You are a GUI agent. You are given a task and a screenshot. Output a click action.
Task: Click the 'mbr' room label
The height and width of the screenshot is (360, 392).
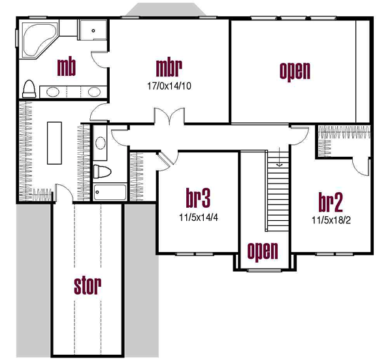pyautogui.click(x=168, y=67)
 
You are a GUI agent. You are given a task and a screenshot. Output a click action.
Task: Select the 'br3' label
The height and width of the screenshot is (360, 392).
pyautogui.click(x=197, y=197)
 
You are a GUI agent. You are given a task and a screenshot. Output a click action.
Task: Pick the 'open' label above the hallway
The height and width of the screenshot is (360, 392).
pyautogui.click(x=295, y=71)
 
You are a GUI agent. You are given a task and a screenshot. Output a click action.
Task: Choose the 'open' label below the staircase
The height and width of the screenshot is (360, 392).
pyautogui.click(x=263, y=250)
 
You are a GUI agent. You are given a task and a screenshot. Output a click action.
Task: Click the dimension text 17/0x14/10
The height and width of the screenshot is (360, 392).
pyautogui.click(x=168, y=84)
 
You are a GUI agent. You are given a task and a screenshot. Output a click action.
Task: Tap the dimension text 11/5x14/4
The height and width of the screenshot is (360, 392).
pyautogui.click(x=197, y=216)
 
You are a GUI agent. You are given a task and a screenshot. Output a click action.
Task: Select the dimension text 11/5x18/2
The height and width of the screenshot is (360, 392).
pyautogui.click(x=331, y=220)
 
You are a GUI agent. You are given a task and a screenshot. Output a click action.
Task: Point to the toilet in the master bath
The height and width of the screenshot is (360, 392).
pyautogui.click(x=29, y=88)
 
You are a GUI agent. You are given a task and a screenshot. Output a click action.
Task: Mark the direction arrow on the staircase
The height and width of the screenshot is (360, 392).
pyautogui.click(x=278, y=160)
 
